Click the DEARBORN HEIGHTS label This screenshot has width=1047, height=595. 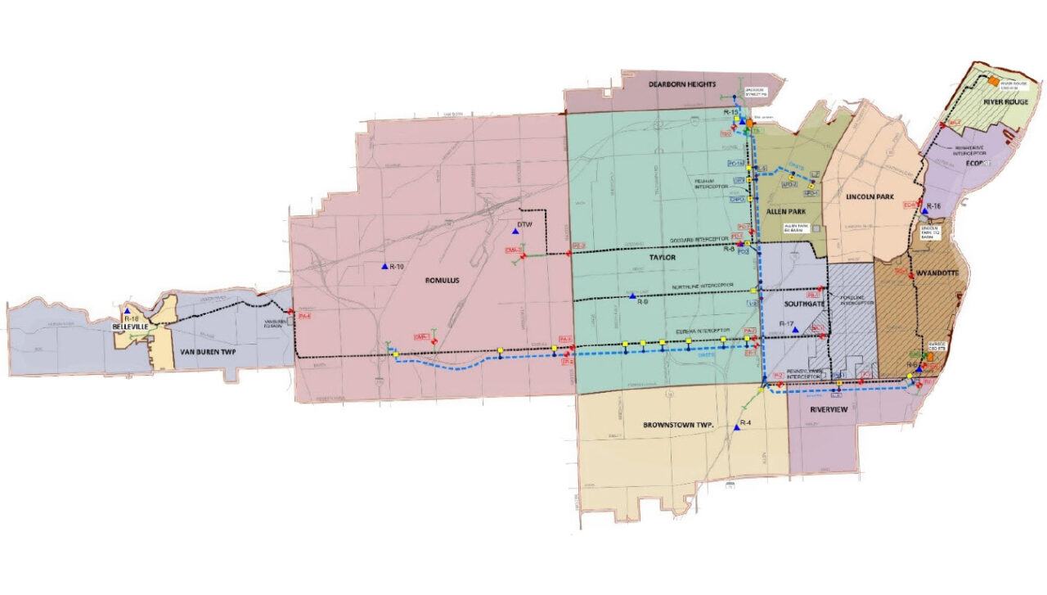(682, 84)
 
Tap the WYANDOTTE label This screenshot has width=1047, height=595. (937, 271)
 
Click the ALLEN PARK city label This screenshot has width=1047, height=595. (787, 211)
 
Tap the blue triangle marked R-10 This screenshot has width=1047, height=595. (384, 266)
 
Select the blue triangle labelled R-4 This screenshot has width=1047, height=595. (737, 427)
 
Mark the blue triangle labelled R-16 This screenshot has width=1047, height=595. (924, 211)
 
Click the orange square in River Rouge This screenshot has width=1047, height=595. (992, 82)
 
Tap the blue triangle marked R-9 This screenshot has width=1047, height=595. (632, 295)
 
